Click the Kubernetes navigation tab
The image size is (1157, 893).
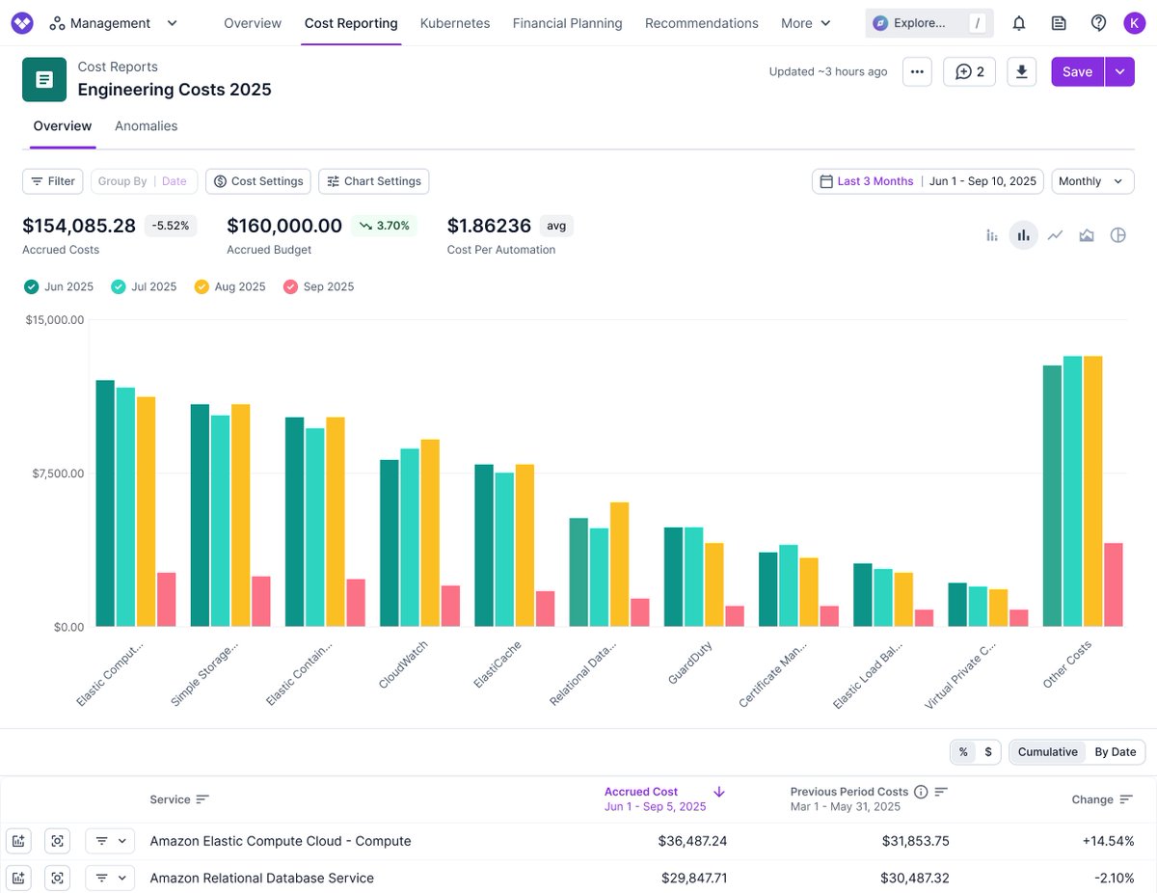coord(455,23)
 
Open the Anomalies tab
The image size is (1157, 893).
coord(146,126)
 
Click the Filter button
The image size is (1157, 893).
coord(52,181)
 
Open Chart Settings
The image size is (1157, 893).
coord(373,181)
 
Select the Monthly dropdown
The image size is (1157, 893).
coord(1092,181)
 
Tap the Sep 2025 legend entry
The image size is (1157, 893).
coord(318,286)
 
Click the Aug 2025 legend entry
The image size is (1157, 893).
coord(229,286)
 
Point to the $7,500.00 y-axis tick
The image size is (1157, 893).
coord(56,474)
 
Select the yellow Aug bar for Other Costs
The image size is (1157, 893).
coord(1092,491)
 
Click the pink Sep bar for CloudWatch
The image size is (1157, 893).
coord(450,606)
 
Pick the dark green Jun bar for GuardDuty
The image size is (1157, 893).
coord(673,577)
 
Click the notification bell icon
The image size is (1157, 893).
coord(1018,23)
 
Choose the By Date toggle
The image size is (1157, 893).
coord(1115,752)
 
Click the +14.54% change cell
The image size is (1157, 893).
coord(1108,841)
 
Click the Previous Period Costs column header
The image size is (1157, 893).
coord(848,792)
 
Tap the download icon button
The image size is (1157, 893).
coord(1022,71)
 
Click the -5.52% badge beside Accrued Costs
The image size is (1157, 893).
coord(172,226)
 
